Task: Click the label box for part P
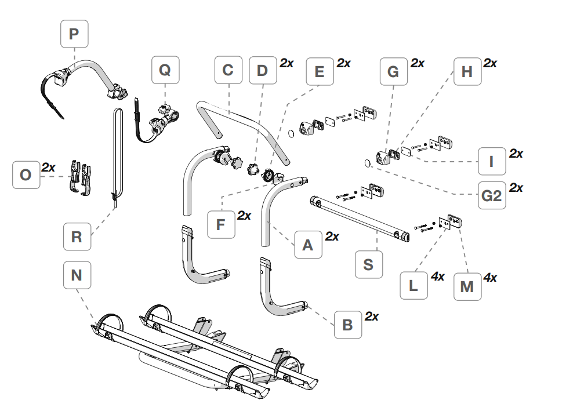pyautogui.click(x=74, y=34)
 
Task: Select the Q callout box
pyautogui.click(x=165, y=70)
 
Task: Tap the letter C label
pyautogui.click(x=228, y=70)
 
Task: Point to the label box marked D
pyautogui.click(x=263, y=70)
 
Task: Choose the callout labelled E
pyautogui.click(x=320, y=71)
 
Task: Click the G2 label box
pyautogui.click(x=492, y=195)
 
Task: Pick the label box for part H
pyautogui.click(x=467, y=71)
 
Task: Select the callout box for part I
pyautogui.click(x=492, y=161)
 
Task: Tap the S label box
pyautogui.click(x=369, y=264)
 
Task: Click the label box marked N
pyautogui.click(x=77, y=275)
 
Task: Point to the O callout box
pyautogui.click(x=26, y=175)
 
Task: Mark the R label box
pyautogui.click(x=77, y=237)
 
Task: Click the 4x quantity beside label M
pyautogui.click(x=490, y=278)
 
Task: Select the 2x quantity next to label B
pyautogui.click(x=372, y=317)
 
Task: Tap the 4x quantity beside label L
pyautogui.click(x=438, y=277)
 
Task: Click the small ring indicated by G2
pyautogui.click(x=368, y=163)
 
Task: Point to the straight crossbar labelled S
pyautogui.click(x=360, y=219)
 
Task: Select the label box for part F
pyautogui.click(x=221, y=224)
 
